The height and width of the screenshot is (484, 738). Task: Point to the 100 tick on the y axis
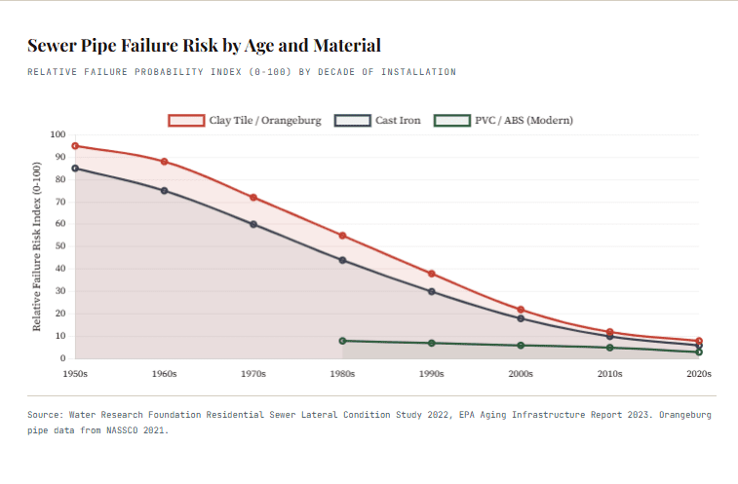(57, 135)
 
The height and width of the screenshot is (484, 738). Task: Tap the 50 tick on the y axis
(58, 246)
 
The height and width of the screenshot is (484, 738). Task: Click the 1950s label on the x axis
(75, 373)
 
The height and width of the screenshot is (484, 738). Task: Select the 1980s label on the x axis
(342, 373)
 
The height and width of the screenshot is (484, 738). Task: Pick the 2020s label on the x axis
(698, 373)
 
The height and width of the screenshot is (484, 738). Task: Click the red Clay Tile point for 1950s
(75, 146)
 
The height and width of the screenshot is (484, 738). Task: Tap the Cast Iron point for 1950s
(75, 168)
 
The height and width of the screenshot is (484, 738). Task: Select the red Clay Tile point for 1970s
(253, 198)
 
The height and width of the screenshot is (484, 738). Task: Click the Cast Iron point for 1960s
(164, 191)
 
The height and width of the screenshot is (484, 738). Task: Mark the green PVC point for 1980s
(342, 341)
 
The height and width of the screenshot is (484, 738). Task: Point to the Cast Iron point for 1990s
(431, 291)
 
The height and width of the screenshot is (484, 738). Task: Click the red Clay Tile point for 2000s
(521, 310)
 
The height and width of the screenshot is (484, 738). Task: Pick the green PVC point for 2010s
(609, 348)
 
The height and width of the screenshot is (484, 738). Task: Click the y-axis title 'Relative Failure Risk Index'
(37, 246)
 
